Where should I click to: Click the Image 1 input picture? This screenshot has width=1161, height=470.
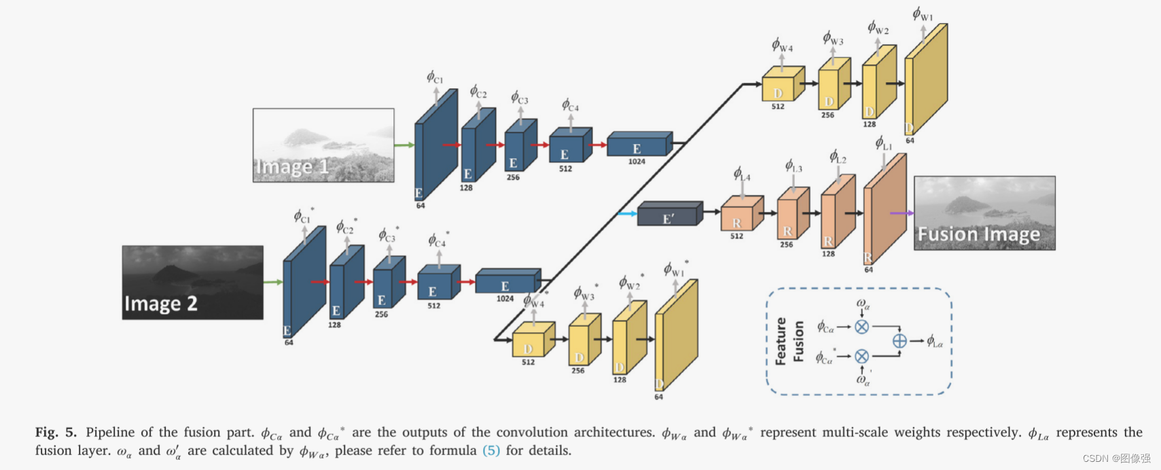coord(323,145)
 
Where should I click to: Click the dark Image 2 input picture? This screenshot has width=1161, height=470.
coord(192,282)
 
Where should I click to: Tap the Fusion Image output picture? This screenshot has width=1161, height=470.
coord(984,213)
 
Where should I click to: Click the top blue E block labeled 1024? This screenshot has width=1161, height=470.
coord(639,145)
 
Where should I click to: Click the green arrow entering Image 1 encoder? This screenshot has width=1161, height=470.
coord(404,145)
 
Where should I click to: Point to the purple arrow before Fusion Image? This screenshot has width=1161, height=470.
coord(901,213)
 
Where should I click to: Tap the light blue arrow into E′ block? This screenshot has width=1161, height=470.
coord(627,214)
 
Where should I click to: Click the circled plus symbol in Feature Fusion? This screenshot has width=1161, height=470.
coord(899,341)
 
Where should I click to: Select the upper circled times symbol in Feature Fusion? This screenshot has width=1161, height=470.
coord(861,327)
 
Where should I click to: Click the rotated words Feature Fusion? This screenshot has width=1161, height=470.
coord(789,341)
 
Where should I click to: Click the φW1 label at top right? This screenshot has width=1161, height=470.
coord(923,14)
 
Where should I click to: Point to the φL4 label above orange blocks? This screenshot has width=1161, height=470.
coord(741,174)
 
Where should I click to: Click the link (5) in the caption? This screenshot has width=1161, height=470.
coord(490,450)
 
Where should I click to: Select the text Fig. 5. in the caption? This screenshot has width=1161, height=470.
coord(56,433)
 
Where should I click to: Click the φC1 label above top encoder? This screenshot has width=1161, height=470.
coord(434,77)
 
